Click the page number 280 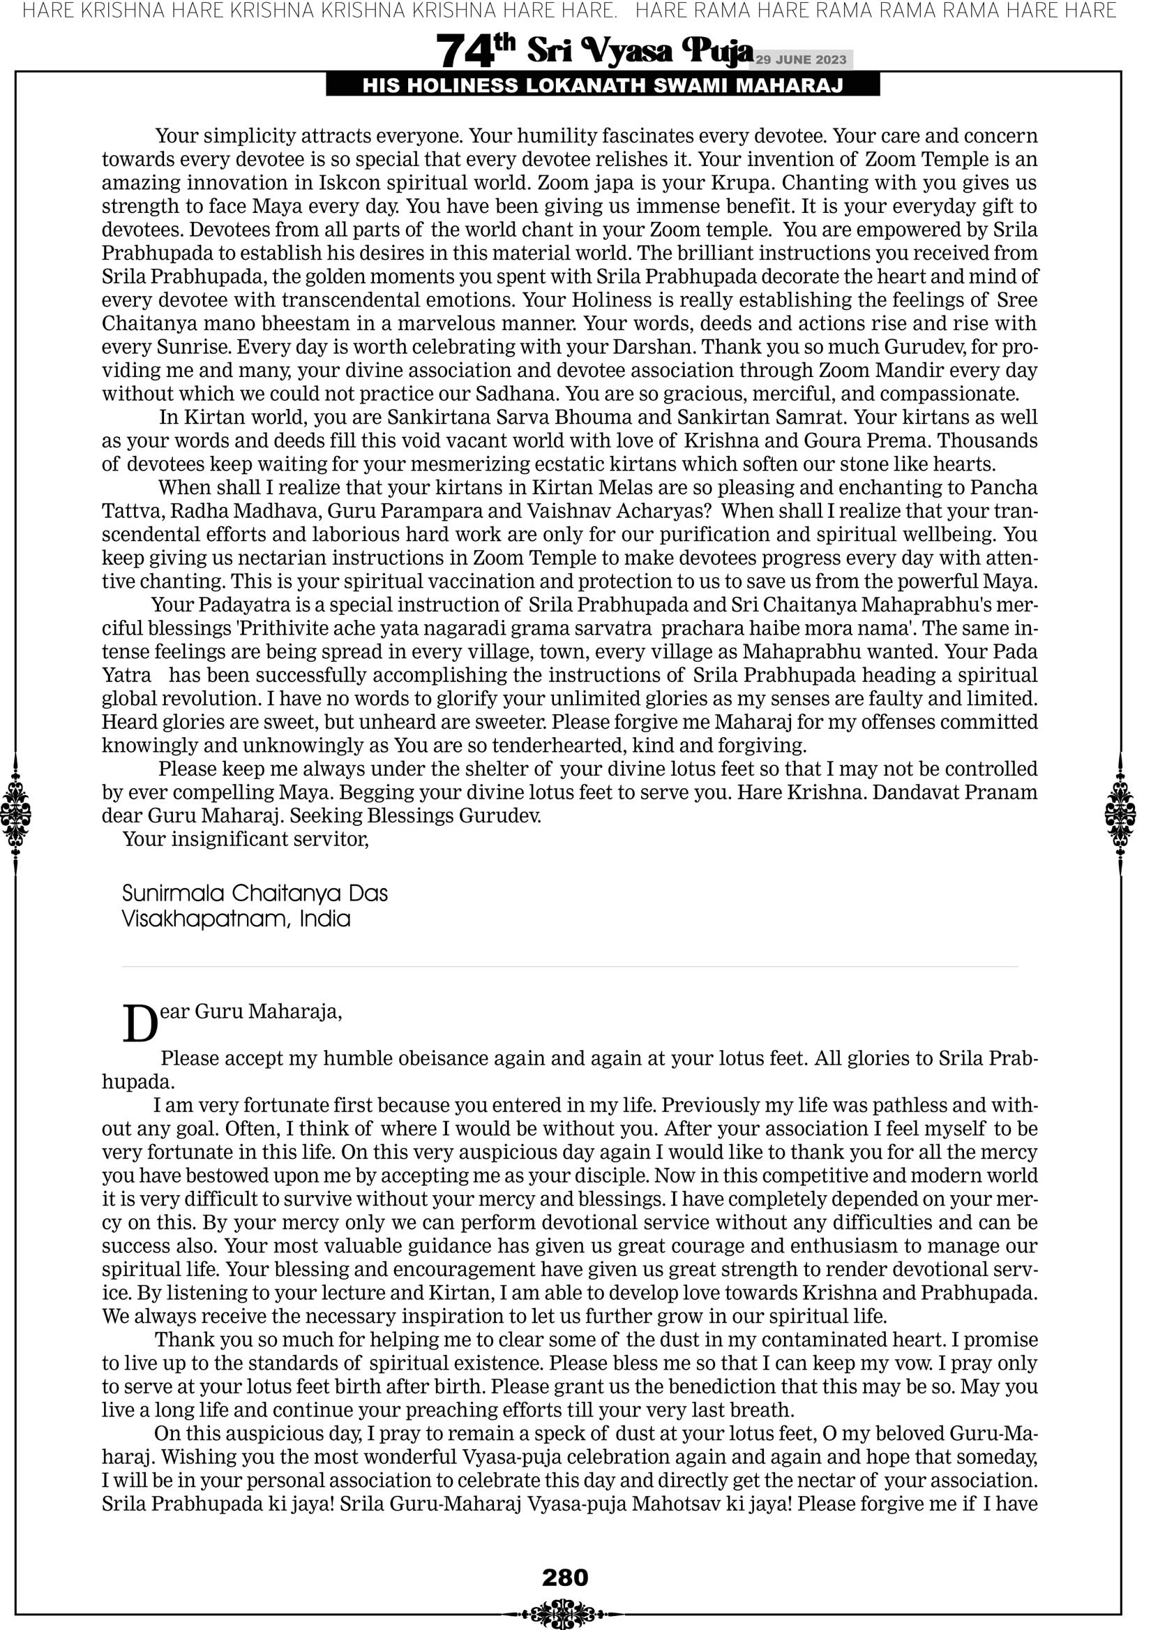pos(565,1577)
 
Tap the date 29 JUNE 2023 pos(801,59)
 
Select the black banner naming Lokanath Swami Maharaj pos(603,86)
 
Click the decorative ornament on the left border pos(15,813)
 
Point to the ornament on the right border pos(1120,813)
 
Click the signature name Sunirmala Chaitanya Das pos(255,892)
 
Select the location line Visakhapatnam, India pos(236,919)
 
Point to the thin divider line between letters pos(569,966)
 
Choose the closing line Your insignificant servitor pos(246,839)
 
